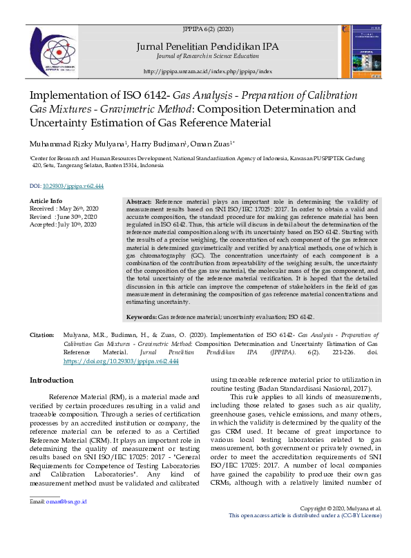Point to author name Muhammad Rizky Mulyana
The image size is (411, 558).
point(67,144)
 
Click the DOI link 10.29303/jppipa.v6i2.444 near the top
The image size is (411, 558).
point(73,186)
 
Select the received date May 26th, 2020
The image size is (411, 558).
point(81,209)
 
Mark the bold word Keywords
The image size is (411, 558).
point(142,317)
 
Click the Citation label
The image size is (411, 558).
point(42,335)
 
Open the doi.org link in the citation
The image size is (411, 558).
point(121,361)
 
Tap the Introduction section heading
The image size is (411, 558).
point(52,381)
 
